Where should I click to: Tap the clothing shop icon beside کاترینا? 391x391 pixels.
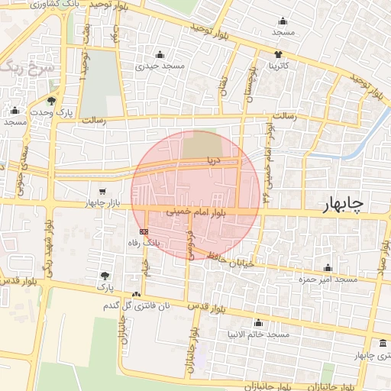pyautogui.click(x=277, y=54)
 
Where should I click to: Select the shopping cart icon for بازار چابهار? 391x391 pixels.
pyautogui.click(x=102, y=191)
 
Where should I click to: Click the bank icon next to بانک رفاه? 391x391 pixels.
pyautogui.click(x=143, y=231)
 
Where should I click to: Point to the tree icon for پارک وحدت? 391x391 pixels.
pyautogui.click(x=51, y=100)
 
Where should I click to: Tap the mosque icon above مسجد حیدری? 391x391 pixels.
pyautogui.click(x=160, y=54)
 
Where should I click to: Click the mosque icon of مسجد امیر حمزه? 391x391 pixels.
pyautogui.click(x=328, y=267)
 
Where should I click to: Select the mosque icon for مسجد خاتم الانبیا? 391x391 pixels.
pyautogui.click(x=257, y=322)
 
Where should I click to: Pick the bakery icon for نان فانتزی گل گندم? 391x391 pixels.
pyautogui.click(x=137, y=295)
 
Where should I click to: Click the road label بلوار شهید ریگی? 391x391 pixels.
pyautogui.click(x=50, y=245)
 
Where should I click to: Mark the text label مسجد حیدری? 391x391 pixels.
pyautogui.click(x=160, y=66)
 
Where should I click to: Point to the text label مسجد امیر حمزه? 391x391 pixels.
pyautogui.click(x=328, y=280)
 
